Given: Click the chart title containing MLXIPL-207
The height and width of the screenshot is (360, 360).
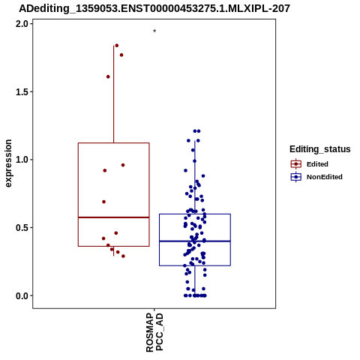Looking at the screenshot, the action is pyautogui.click(x=154, y=9).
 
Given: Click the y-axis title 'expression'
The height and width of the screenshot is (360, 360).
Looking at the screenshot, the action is pyautogui.click(x=8, y=163).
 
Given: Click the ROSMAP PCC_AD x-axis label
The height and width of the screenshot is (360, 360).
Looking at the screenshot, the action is pyautogui.click(x=154, y=332).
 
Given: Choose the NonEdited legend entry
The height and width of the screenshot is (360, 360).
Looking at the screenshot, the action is pyautogui.click(x=316, y=177).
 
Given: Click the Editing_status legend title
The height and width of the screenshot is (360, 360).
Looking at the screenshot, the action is pyautogui.click(x=320, y=149).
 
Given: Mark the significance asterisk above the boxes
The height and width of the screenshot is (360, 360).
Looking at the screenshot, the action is pyautogui.click(x=154, y=31).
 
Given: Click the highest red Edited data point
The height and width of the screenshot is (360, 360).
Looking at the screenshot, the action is pyautogui.click(x=117, y=46).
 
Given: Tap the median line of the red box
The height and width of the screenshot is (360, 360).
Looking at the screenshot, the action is pyautogui.click(x=114, y=217).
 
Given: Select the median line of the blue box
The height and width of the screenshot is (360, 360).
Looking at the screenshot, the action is pyautogui.click(x=195, y=241).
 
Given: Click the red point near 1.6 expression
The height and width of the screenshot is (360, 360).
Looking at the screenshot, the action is pyautogui.click(x=108, y=76).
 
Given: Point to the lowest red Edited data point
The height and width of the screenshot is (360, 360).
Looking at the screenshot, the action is pyautogui.click(x=123, y=256).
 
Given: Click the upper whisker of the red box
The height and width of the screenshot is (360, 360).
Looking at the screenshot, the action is pyautogui.click(x=114, y=94).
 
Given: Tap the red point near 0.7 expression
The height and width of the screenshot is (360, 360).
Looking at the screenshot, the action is pyautogui.click(x=104, y=202).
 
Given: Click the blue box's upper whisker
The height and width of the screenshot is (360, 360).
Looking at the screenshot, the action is pyautogui.click(x=195, y=178).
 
